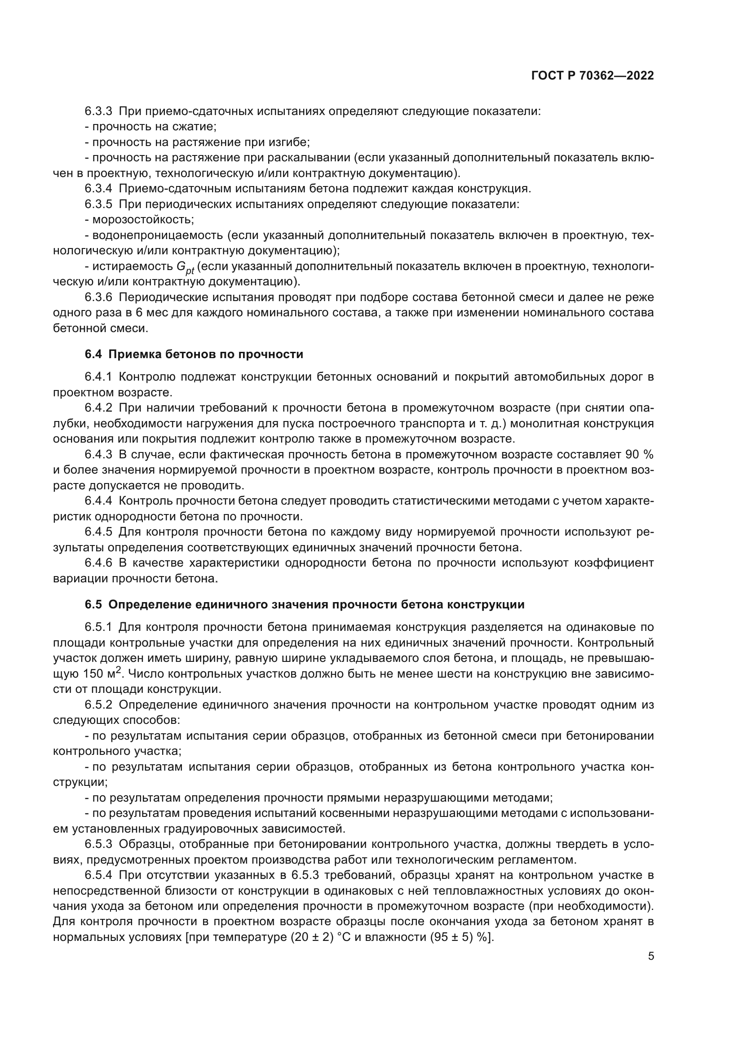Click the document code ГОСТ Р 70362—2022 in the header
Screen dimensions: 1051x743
(x=593, y=76)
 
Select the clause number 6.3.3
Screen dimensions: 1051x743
(x=98, y=111)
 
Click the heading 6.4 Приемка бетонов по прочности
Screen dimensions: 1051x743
(x=194, y=354)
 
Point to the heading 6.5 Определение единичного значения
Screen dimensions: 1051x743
(x=304, y=605)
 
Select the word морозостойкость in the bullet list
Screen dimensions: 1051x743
(x=143, y=220)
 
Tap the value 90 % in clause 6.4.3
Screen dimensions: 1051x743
(x=639, y=455)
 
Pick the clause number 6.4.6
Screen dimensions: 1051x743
(x=98, y=563)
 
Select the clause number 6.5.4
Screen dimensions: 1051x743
(x=98, y=875)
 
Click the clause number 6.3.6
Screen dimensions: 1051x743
(x=98, y=297)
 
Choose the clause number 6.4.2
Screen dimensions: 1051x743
(x=98, y=408)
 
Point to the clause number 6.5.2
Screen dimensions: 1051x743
(x=98, y=705)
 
